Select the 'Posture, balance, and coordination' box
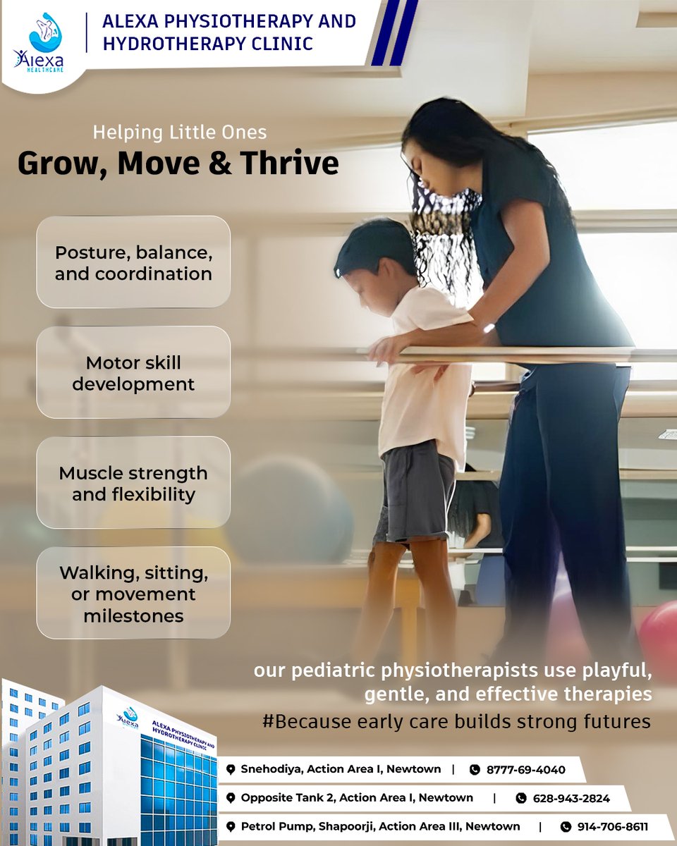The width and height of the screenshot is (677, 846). pyautogui.click(x=133, y=262)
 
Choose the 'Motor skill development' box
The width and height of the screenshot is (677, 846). pyautogui.click(x=133, y=373)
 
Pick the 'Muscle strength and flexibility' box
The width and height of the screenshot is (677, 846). pyautogui.click(x=133, y=483)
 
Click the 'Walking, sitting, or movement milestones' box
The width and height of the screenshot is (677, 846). pyautogui.click(x=133, y=594)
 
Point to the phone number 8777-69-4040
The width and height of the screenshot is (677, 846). pyautogui.click(x=525, y=770)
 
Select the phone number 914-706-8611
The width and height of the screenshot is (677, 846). pyautogui.click(x=612, y=826)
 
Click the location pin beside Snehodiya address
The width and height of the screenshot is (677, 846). pyautogui.click(x=231, y=770)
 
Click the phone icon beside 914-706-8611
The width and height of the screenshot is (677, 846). pyautogui.click(x=566, y=827)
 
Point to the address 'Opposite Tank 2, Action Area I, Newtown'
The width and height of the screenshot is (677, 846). pyautogui.click(x=357, y=798)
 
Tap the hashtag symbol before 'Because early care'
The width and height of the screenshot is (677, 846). pyautogui.click(x=267, y=723)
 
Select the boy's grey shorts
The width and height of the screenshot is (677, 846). pyautogui.click(x=414, y=493)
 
